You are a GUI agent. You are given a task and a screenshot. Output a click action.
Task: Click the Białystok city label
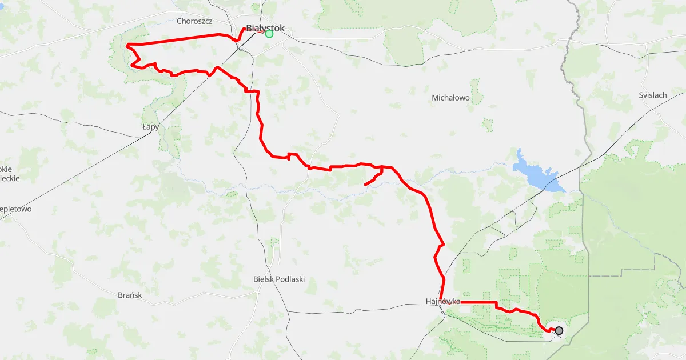pyautogui.click(x=265, y=28)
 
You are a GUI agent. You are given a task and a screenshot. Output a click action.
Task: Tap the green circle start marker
pyautogui.click(x=269, y=34)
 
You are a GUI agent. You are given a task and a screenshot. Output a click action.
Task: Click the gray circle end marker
pyautogui.click(x=559, y=330)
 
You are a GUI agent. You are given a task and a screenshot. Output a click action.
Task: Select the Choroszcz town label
pyautogui.click(x=195, y=21)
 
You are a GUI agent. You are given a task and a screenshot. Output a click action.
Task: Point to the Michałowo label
pyautogui.click(x=450, y=98)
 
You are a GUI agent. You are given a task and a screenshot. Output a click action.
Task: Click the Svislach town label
pyautogui.click(x=653, y=95)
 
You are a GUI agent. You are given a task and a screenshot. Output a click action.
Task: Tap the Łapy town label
pyautogui.click(x=150, y=127)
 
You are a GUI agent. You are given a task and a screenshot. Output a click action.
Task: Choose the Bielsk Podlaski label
pyautogui.click(x=279, y=279)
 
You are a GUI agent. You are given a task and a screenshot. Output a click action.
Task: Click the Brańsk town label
pyautogui.click(x=129, y=295)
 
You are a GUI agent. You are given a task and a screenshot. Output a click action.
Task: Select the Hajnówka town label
pyautogui.click(x=443, y=301)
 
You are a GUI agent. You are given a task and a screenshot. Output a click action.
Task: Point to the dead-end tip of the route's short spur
pyautogui.click(x=365, y=185)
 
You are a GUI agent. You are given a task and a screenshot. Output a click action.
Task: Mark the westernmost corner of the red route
pyautogui.click(x=126, y=45)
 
